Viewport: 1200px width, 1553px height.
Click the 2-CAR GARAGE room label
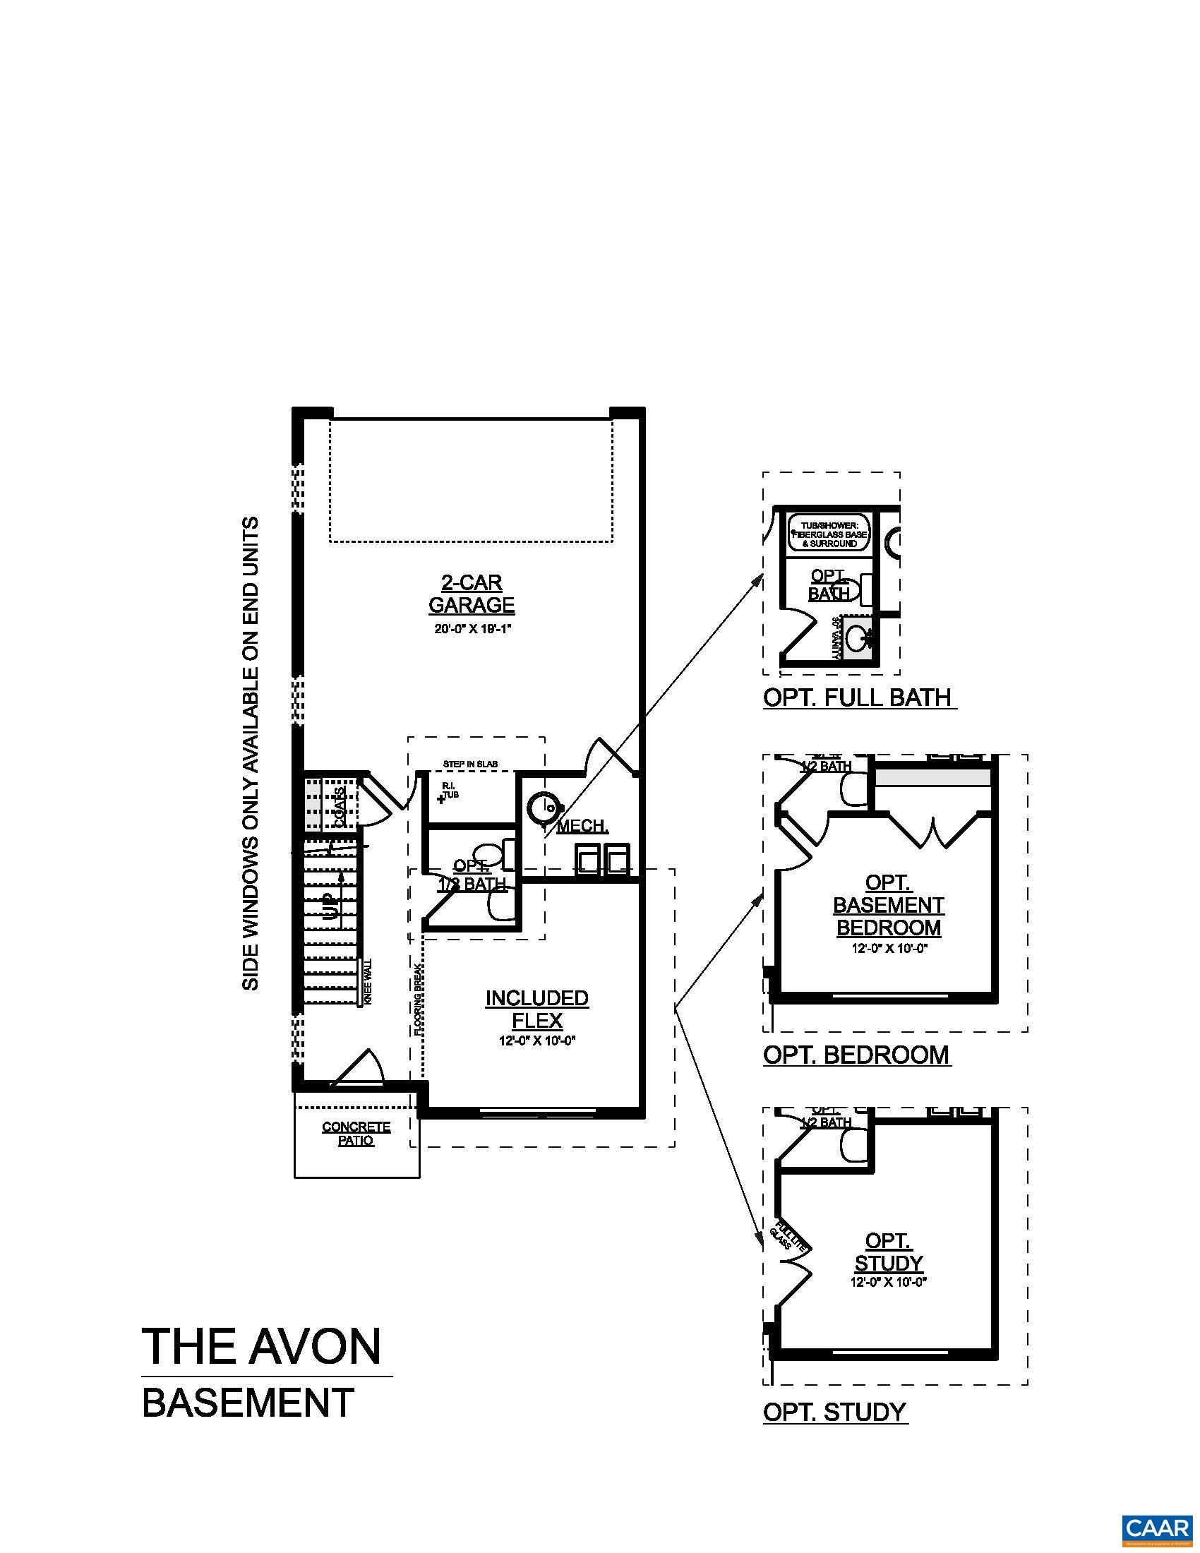coord(471,594)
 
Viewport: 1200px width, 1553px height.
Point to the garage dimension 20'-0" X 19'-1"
coord(471,629)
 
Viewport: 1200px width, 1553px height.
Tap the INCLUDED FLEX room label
coord(536,1009)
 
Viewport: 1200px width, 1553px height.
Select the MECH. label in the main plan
coord(582,827)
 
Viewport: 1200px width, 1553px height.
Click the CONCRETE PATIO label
coord(356,1134)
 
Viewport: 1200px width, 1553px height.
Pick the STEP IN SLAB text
coord(470,764)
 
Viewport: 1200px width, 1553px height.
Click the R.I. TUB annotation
coord(449,790)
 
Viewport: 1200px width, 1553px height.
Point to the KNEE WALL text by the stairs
coord(368,981)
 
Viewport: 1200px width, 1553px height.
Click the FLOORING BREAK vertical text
coord(419,999)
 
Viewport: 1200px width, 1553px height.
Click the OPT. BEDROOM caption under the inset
coord(856,1055)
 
